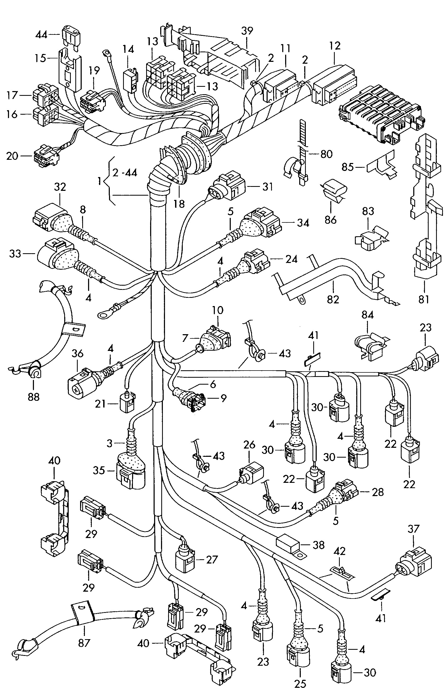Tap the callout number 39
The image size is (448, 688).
[247, 31]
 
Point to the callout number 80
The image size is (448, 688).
[327, 154]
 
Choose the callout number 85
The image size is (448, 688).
[348, 167]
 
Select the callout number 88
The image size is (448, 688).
[33, 396]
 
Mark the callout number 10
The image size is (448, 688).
[218, 311]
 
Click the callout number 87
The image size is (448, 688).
[84, 643]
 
